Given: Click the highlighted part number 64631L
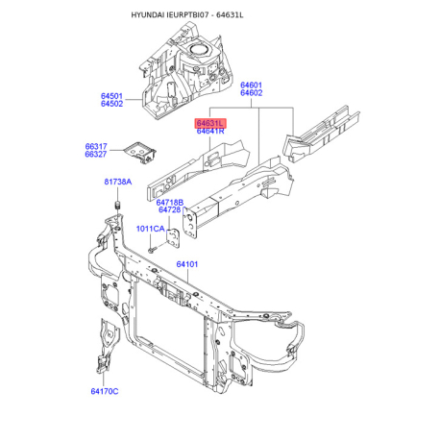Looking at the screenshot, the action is [210, 123].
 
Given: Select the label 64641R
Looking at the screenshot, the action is [210, 131].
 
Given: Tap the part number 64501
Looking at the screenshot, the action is [111, 96].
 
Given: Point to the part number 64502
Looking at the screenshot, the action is [111, 104].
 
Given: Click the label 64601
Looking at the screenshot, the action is [252, 86].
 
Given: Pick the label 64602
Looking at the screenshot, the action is [252, 93].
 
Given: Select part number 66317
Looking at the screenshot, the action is [96, 147].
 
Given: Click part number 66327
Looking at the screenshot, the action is [96, 155].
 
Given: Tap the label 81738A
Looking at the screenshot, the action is [118, 182].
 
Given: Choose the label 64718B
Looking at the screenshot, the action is [170, 203].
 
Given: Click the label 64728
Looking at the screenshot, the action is [170, 209].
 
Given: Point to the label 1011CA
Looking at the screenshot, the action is [150, 229].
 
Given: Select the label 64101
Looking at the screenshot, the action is [187, 264].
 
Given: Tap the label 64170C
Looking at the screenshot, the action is [105, 391].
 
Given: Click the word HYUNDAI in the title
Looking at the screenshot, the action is [148, 15].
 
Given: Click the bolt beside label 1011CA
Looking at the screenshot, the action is [152, 250].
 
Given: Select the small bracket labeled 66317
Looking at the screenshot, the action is [140, 152].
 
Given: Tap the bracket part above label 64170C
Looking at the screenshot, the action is [108, 346].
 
